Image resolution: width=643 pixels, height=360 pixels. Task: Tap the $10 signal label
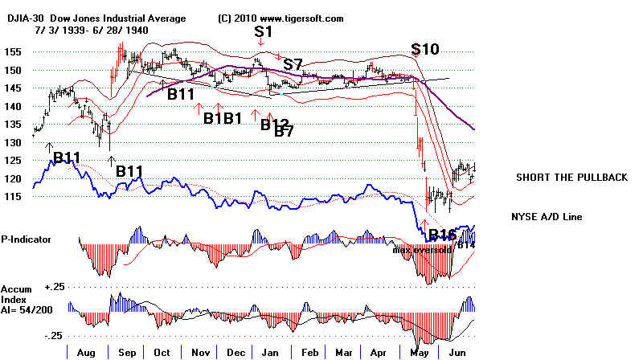coord(425,48)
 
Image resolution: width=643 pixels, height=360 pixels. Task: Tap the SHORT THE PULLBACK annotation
coord(571,178)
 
